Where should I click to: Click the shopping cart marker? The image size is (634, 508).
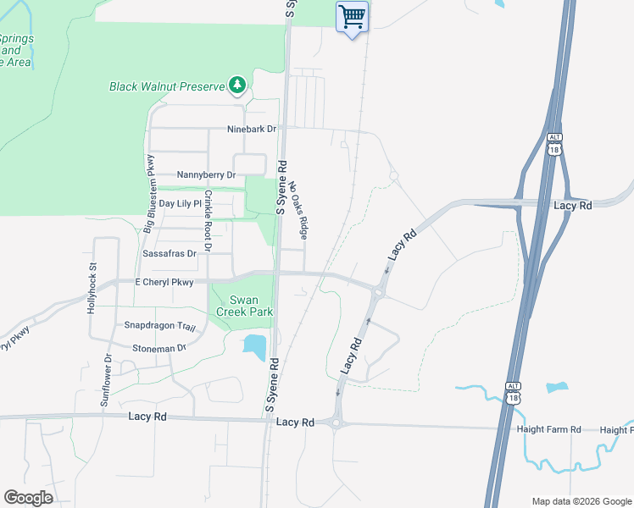pyautogui.click(x=353, y=16)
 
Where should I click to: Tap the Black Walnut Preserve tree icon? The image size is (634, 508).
pyautogui.click(x=238, y=85)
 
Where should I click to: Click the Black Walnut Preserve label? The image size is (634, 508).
pyautogui.click(x=167, y=86)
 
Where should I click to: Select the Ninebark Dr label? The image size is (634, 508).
pyautogui.click(x=252, y=130)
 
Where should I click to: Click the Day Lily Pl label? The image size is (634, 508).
pyautogui.click(x=179, y=204)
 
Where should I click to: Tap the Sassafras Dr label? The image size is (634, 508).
pyautogui.click(x=170, y=253)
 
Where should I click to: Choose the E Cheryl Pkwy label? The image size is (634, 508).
pyautogui.click(x=164, y=282)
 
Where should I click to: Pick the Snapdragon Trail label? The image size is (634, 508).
pyautogui.click(x=159, y=327)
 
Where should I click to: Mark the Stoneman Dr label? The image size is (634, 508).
pyautogui.click(x=158, y=348)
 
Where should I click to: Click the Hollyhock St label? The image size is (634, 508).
pyautogui.click(x=93, y=290)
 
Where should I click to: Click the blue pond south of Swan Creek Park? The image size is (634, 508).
pyautogui.click(x=253, y=345)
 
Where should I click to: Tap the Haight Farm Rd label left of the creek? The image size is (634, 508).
pyautogui.click(x=548, y=430)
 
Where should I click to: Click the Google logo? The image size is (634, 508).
pyautogui.click(x=28, y=498)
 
